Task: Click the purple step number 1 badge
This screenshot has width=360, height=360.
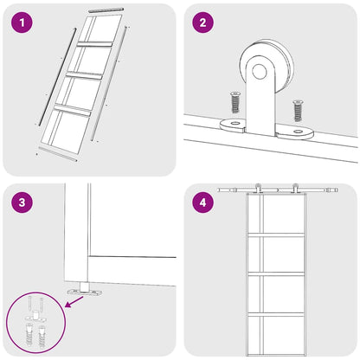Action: coord(22,22)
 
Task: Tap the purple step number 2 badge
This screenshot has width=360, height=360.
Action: coord(203,22)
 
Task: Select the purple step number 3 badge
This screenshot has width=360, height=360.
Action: coord(22,202)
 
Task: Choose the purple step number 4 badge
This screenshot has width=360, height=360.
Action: coord(203,202)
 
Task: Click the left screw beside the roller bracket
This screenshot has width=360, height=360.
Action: coord(235,102)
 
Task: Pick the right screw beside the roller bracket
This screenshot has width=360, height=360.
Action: coord(298,110)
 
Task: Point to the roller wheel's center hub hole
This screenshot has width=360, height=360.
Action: coord(260,71)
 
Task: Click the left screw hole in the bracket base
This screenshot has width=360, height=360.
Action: coord(235,124)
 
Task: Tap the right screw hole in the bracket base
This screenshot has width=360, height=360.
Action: coord(297,132)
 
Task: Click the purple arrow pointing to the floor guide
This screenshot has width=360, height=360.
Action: coord(74,301)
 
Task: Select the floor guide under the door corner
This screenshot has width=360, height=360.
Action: coord(85,290)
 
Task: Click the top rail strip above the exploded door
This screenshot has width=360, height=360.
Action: coord(106,10)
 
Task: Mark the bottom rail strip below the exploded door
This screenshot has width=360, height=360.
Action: coord(58,154)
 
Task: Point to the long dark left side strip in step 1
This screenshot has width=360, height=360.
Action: coord(58,76)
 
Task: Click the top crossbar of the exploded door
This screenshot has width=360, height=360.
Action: coord(94,44)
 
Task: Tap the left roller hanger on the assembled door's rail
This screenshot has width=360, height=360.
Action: coord(257,188)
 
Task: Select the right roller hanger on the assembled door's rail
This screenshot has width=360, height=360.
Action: coord(294,188)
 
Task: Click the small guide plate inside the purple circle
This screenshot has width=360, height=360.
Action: coord(35,318)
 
